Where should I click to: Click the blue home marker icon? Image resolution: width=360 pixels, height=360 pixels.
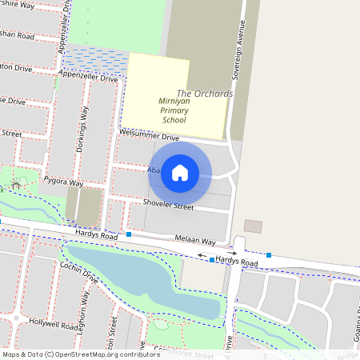pyautogui.click(x=180, y=172)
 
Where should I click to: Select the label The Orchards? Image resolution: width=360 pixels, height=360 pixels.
pyautogui.click(x=204, y=94)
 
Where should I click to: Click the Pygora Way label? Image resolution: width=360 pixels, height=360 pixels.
pyautogui.click(x=63, y=182)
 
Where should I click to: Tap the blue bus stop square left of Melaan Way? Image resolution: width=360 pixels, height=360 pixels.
pyautogui.click(x=128, y=235)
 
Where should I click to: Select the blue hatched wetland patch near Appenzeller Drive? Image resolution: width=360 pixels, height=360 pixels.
pyautogui.click(x=94, y=59)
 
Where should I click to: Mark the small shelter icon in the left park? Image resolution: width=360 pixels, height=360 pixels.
pyautogui.click(x=15, y=186)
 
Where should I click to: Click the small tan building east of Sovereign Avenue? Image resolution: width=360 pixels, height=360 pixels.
pyautogui.click(x=253, y=226)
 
